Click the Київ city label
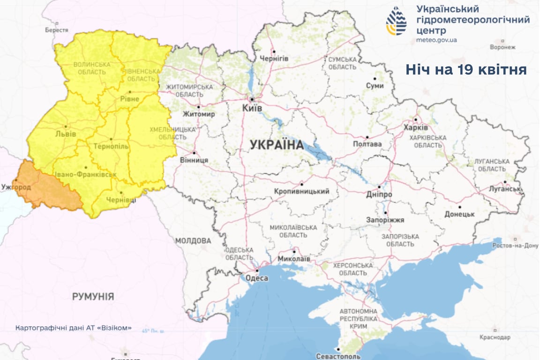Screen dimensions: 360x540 (252, 108)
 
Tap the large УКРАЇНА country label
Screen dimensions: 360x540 (277, 145)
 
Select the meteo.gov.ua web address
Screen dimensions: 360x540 (436, 40)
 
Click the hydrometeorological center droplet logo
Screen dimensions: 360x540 (396, 21)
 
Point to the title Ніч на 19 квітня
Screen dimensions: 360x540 (466, 70)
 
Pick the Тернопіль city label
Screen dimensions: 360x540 (111, 147)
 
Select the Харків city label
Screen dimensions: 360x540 (415, 127)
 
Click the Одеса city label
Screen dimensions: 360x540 (257, 278)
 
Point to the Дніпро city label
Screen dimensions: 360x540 (380, 194)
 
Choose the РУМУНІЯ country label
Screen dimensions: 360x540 (93, 297)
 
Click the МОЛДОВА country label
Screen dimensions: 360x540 (193, 240)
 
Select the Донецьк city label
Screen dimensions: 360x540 (459, 214)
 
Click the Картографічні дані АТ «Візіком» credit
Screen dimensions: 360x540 (73, 328)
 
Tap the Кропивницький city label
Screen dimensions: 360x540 (302, 191)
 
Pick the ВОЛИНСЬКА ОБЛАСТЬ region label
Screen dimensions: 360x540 (92, 68)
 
